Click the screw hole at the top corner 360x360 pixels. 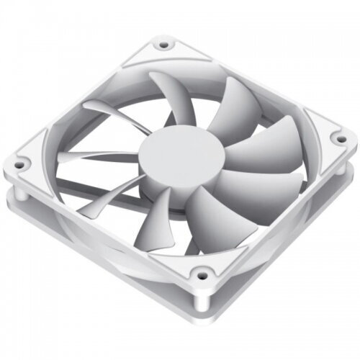click(165, 45)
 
